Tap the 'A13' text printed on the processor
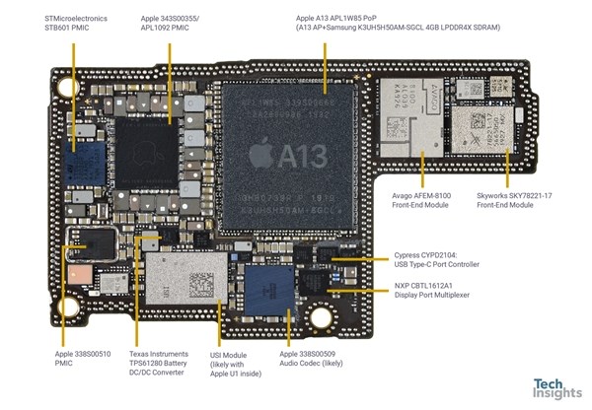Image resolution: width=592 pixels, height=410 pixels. [x=304, y=156]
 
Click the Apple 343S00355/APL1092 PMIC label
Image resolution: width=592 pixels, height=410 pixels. [x=180, y=23]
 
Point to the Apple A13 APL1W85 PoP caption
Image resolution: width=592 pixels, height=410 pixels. [x=398, y=23]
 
